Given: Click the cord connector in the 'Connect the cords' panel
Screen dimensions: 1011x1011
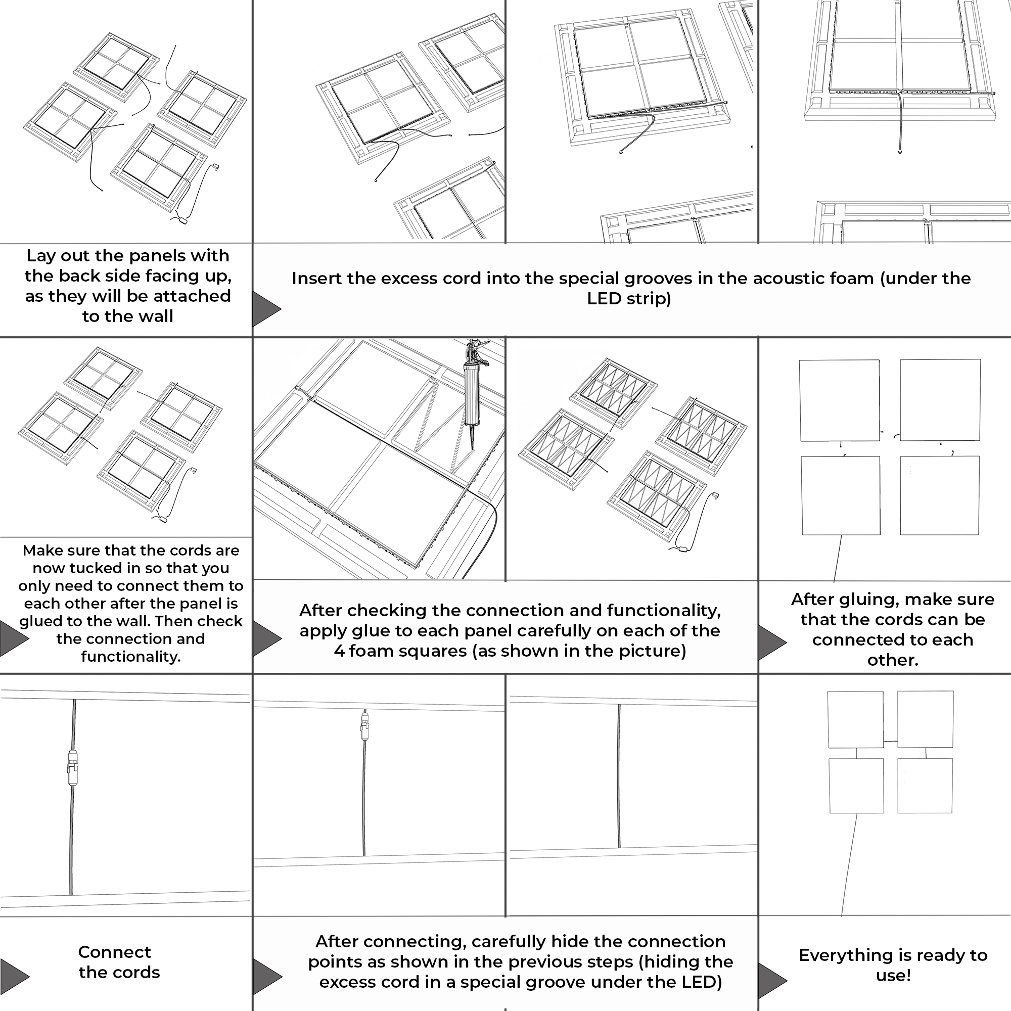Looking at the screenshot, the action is [72, 768].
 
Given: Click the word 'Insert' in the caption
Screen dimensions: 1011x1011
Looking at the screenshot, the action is [316, 279].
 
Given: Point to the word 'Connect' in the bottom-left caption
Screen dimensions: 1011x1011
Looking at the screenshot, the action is [115, 952].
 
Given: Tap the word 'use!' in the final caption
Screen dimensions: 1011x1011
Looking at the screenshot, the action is [893, 976].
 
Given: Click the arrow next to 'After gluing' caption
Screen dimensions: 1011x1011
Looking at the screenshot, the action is [772, 641].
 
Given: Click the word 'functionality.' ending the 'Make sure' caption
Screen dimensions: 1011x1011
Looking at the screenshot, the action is [131, 657].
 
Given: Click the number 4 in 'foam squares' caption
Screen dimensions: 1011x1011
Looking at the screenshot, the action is [339, 652].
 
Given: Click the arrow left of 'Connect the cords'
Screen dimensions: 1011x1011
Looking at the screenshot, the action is [15, 976].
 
